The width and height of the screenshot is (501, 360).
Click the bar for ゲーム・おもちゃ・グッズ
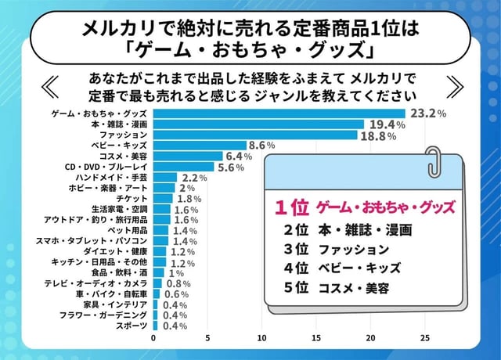[x=279, y=113]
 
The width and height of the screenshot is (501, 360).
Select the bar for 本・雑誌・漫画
[x=258, y=124]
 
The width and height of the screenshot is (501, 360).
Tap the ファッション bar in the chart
[x=255, y=135]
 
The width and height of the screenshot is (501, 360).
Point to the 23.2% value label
[x=429, y=113]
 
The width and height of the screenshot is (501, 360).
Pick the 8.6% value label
[x=261, y=146]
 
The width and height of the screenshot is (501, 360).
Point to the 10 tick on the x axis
[x=261, y=338]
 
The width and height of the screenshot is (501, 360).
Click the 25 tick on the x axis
[x=424, y=338]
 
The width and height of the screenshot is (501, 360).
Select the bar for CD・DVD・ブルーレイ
[x=183, y=167]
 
